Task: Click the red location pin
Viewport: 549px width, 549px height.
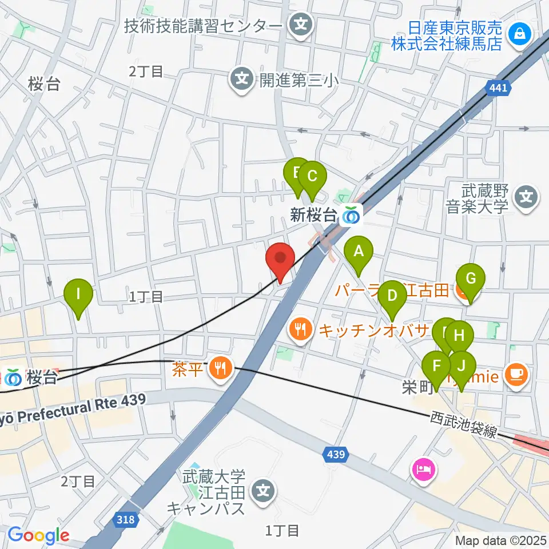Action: (280, 260)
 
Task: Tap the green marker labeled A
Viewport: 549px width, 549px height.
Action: (359, 252)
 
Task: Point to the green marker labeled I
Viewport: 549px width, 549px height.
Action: (78, 296)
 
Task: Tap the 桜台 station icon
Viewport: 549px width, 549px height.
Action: (13, 378)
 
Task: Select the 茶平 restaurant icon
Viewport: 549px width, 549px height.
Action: (219, 367)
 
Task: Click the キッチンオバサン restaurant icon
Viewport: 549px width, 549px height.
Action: (300, 329)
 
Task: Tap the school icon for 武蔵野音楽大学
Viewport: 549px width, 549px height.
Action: (526, 198)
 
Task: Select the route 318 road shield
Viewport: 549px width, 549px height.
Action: (129, 519)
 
